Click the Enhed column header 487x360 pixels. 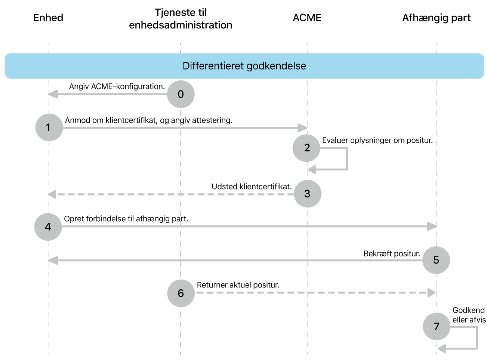tap(48, 18)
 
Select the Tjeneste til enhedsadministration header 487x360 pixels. tap(181, 19)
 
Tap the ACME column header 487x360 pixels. tap(307, 18)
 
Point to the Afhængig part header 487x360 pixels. tap(436, 18)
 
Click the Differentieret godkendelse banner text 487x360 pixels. tap(244, 66)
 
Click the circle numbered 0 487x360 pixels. tap(181, 94)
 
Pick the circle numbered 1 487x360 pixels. tap(49, 127)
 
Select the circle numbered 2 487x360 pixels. tap(306, 148)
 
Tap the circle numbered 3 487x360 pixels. tap(308, 194)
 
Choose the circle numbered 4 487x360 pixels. tap(48, 227)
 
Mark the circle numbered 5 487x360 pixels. tap(436, 260)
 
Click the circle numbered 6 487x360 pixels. tap(181, 293)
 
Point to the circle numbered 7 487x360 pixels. tap(437, 326)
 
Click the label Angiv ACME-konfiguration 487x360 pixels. tap(117, 86)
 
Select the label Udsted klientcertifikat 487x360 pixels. tap(252, 187)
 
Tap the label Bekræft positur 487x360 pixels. tap(392, 253)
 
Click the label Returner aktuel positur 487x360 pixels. tap(238, 285)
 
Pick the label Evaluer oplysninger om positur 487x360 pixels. tap(377, 140)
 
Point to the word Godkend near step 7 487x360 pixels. tap(468, 310)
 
